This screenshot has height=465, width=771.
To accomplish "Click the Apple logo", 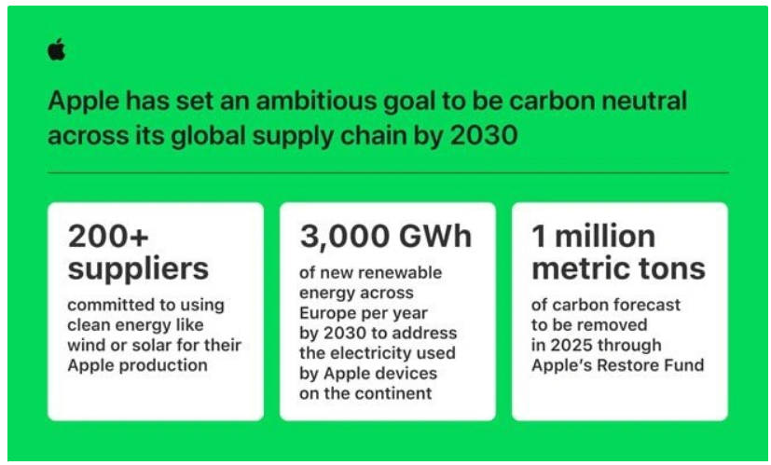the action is click(x=57, y=49).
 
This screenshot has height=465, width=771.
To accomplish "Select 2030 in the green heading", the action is click(x=484, y=136).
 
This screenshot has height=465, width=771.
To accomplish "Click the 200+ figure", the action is click(x=108, y=237).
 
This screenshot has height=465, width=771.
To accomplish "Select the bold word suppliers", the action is click(x=138, y=269).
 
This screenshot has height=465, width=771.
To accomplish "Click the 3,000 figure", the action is click(x=345, y=237).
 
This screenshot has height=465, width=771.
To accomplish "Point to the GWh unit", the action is click(x=435, y=237).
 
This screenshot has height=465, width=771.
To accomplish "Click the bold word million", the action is click(x=605, y=237).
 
